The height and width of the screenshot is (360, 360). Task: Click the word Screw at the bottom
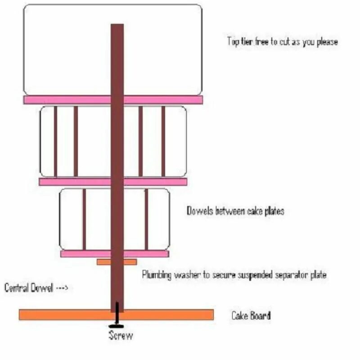coord(121,335)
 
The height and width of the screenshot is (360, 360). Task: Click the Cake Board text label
coord(251,315)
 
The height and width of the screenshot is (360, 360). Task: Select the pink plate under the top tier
coord(67,99)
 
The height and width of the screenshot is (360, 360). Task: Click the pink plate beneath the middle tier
coord(72,182)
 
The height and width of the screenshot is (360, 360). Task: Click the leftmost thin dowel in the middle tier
coord(55,141)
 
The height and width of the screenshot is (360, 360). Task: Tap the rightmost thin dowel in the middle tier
coord(163,141)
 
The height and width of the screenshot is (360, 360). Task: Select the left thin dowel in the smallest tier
coord(84,219)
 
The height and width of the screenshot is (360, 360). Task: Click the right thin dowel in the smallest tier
coord(146,219)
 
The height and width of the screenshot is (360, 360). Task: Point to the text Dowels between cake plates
coord(235,211)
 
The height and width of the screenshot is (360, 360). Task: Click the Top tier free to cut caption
coord(282,42)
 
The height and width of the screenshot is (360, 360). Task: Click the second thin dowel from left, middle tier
coord(76,141)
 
